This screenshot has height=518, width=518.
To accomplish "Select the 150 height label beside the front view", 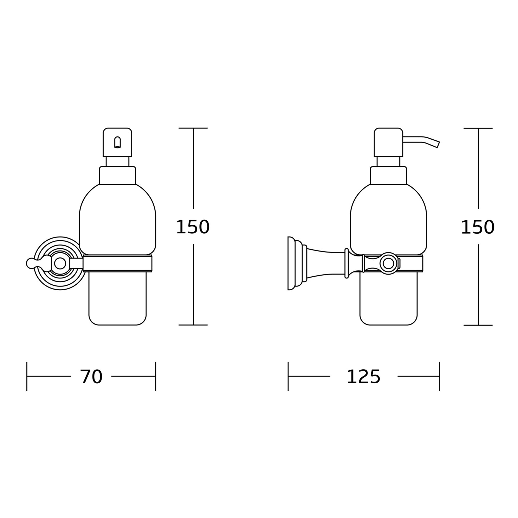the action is coord(192,227).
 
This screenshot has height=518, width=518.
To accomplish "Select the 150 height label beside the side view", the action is coord(478,227).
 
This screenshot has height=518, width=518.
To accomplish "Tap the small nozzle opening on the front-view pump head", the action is coord(117,142).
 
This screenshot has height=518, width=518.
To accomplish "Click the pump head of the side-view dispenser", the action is coord(388,142).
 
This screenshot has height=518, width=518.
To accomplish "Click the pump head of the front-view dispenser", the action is coord(117,142).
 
